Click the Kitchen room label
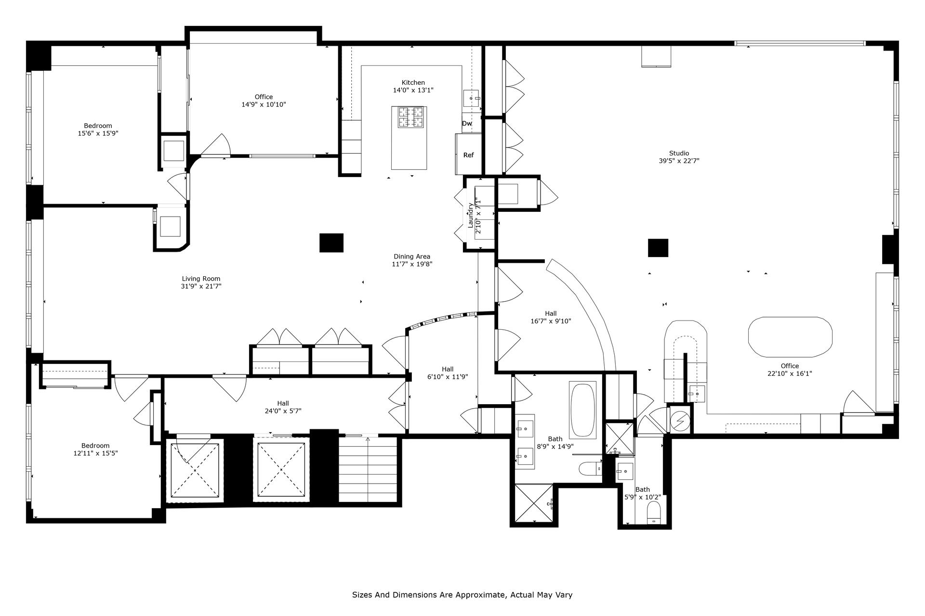click(x=413, y=82)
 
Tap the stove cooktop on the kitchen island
click(x=410, y=117)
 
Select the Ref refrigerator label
click(x=468, y=155)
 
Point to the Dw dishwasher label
click(x=467, y=123)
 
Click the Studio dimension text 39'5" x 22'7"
click(x=679, y=161)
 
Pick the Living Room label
click(x=201, y=279)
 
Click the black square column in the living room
click(x=331, y=243)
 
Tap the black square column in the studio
click(x=658, y=248)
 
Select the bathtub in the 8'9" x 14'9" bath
click(x=582, y=410)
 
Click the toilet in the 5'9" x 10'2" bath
click(x=654, y=513)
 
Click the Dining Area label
click(x=412, y=257)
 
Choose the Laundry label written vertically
click(x=470, y=215)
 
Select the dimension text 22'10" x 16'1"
click(x=790, y=373)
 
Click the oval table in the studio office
click(x=790, y=337)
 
